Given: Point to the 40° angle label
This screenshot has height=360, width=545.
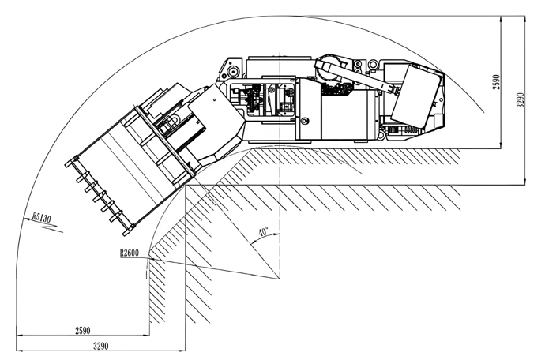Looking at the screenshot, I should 263,232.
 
